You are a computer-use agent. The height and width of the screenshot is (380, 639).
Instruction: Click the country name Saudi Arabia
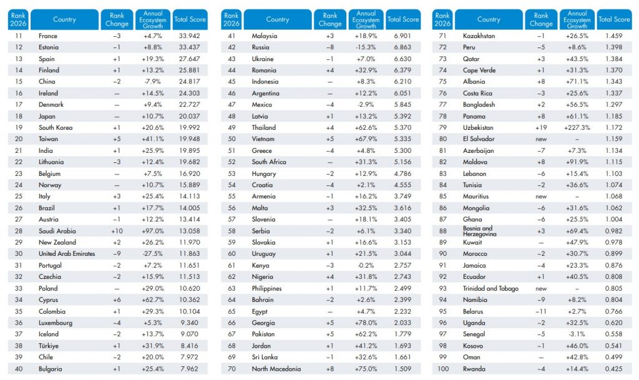(57, 231)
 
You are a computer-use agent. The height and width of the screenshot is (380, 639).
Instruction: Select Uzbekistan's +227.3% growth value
(577, 127)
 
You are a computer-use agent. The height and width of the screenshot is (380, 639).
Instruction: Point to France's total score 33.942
(189, 36)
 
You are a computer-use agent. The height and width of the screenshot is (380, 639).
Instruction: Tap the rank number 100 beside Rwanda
(442, 369)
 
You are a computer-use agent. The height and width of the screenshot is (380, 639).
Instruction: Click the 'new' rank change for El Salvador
(541, 139)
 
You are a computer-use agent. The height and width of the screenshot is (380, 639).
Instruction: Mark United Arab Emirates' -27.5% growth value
(152, 254)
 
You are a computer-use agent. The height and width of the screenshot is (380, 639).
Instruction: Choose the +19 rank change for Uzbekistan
(541, 127)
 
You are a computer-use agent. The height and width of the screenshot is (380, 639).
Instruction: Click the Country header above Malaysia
(278, 19)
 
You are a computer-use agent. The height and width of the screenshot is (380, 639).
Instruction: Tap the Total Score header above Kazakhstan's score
(614, 19)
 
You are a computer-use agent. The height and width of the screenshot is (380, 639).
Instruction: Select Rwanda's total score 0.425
(614, 369)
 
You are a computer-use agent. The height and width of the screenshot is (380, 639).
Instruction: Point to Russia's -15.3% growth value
(366, 47)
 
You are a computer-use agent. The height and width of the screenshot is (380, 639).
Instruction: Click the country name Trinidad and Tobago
(490, 288)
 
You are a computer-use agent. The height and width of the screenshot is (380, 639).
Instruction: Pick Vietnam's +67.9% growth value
(366, 139)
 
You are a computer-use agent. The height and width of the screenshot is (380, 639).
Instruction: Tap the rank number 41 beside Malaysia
(232, 36)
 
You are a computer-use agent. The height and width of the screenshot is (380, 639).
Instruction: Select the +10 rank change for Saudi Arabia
(117, 231)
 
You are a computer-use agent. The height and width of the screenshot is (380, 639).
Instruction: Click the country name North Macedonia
(276, 369)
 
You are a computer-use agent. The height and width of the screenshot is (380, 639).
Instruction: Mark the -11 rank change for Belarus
(541, 311)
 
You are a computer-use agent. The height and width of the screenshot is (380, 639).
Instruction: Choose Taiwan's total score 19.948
(189, 139)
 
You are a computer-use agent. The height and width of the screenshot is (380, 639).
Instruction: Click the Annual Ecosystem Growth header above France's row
(153, 19)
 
